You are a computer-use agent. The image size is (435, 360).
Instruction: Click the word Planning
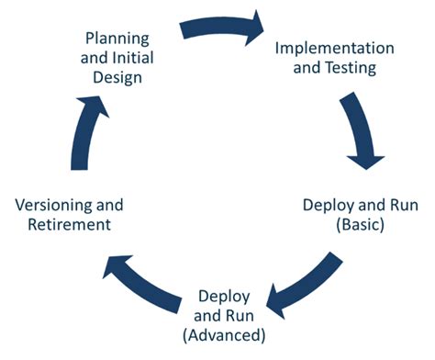118,40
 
